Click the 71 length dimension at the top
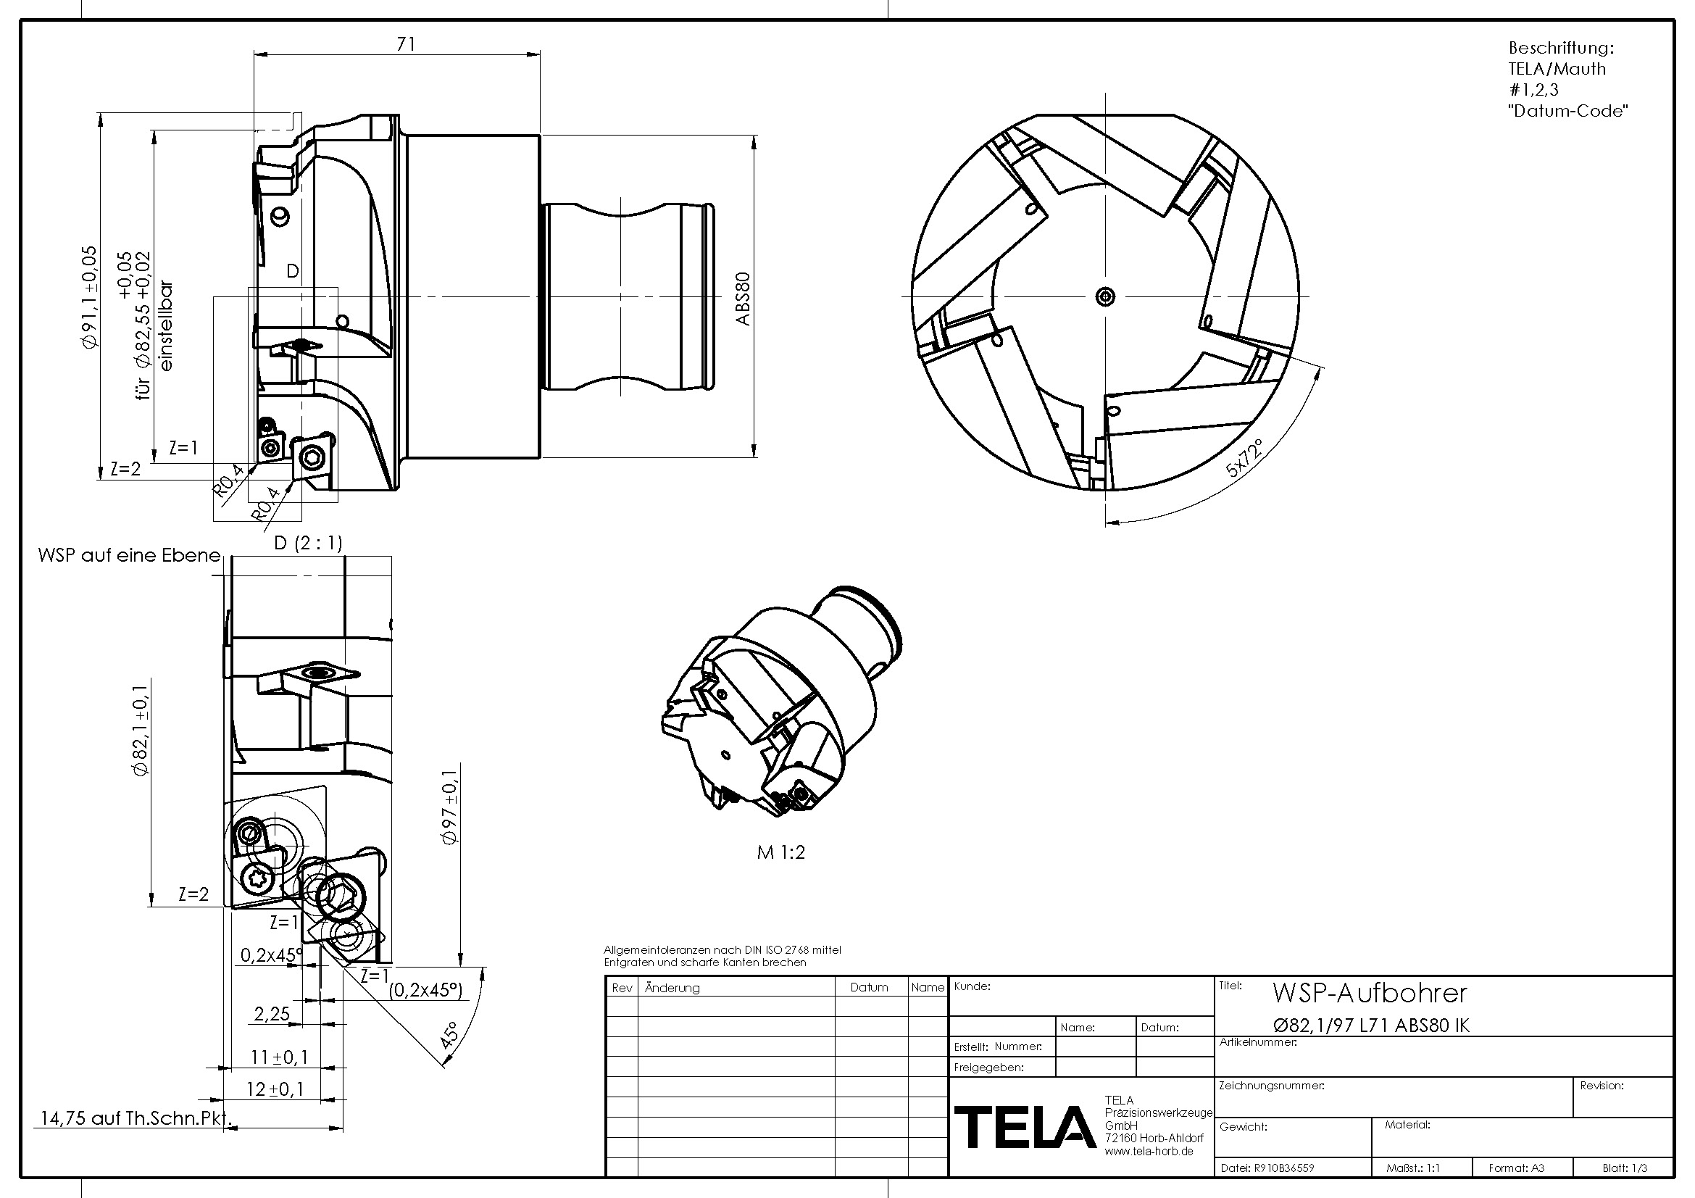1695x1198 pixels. (x=405, y=44)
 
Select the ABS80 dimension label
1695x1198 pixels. (x=743, y=298)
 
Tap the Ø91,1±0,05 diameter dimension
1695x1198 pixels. (x=88, y=296)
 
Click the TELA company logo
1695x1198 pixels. (x=1025, y=1127)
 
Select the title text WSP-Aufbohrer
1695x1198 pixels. (x=1370, y=994)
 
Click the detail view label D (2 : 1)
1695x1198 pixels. (x=308, y=544)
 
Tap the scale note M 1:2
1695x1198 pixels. (x=781, y=852)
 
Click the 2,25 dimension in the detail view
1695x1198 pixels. (x=272, y=1013)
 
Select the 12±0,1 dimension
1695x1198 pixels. (x=275, y=1089)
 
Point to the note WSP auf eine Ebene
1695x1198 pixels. (x=129, y=555)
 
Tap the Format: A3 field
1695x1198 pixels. (x=1516, y=1168)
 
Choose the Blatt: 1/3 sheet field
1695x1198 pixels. (x=1624, y=1168)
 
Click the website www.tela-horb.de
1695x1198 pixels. (x=1149, y=1152)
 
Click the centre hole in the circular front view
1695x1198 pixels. (x=1105, y=296)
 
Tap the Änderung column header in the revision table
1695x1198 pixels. (x=672, y=988)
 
